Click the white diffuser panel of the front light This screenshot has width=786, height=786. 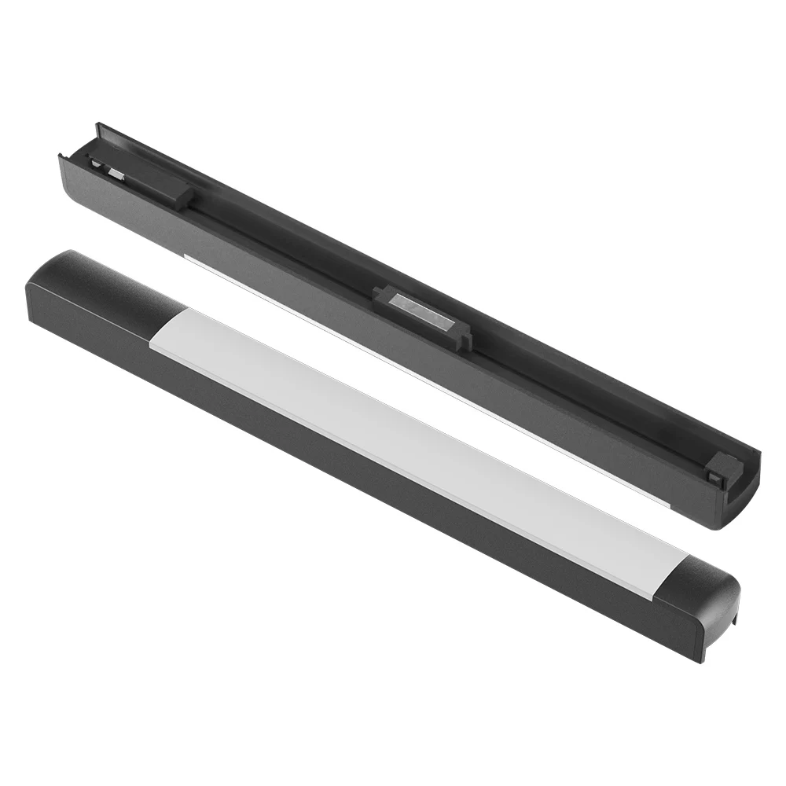pos(409,440)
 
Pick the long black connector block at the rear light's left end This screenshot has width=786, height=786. pos(145,179)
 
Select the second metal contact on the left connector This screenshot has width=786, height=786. pos(115,171)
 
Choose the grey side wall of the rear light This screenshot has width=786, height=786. pos(314,291)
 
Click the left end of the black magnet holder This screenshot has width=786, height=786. pos(380,294)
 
